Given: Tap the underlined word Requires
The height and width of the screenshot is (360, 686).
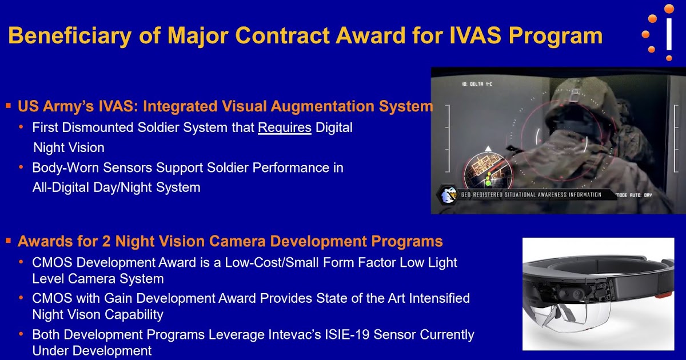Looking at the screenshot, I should [x=284, y=127].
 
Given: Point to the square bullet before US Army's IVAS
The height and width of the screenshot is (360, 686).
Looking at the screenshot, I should [x=9, y=106].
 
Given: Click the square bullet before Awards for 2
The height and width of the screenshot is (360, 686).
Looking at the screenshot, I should [x=9, y=241].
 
